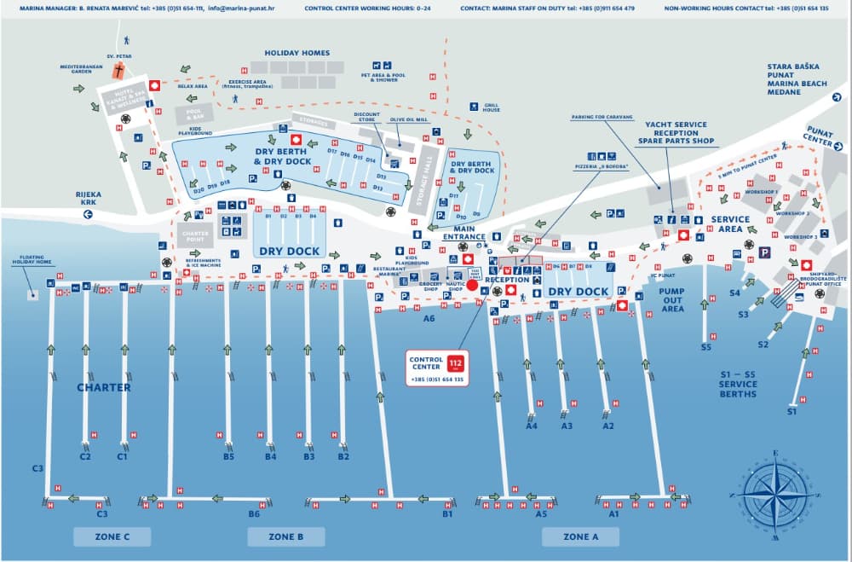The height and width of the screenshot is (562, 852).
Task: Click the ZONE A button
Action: [582, 536]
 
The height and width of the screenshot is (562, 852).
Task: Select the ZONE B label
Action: [285, 536]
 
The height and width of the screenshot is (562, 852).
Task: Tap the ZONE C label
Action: [112, 536]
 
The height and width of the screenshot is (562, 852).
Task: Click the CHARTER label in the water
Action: [104, 387]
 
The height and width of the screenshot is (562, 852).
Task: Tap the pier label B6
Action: [254, 514]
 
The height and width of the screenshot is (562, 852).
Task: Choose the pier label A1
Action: [613, 514]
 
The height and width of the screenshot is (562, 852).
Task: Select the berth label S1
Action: [792, 412]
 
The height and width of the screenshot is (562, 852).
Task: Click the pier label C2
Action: [85, 456]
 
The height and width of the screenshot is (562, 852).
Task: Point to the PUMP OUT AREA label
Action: [672, 299]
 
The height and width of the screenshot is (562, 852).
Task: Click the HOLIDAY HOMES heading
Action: [296, 53]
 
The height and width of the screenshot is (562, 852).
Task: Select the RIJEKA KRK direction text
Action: [88, 199]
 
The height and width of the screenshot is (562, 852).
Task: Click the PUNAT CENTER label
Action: [820, 136]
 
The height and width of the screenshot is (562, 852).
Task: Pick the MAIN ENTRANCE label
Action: [469, 232]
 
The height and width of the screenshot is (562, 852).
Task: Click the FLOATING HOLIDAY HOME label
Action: [31, 260]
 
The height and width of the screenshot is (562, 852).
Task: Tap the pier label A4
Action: [532, 426]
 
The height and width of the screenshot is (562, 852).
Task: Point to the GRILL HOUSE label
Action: [491, 107]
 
